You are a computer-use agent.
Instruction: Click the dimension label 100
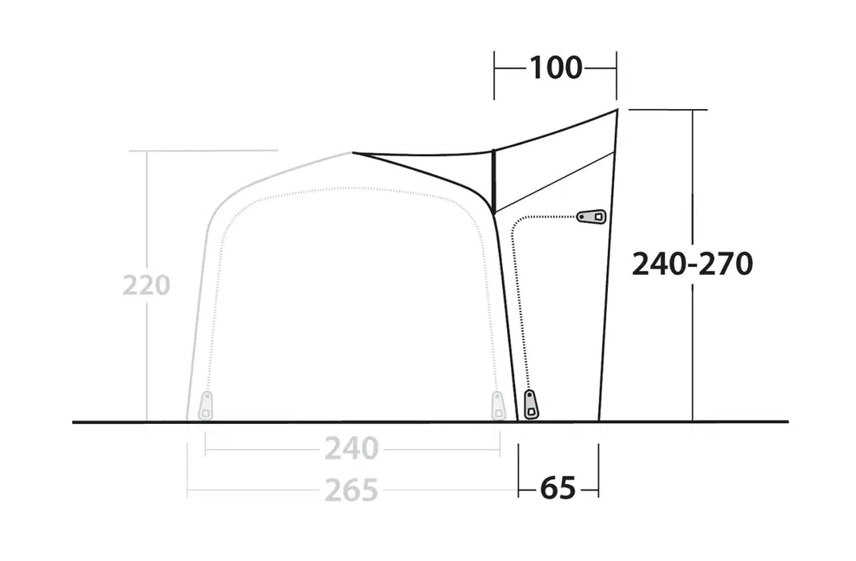[556, 68]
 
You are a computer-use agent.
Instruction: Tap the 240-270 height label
[692, 264]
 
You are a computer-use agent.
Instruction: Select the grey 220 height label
[147, 285]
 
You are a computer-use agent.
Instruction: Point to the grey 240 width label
[351, 450]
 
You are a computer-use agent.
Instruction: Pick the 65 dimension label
[558, 488]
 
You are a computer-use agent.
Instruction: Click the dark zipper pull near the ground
[530, 404]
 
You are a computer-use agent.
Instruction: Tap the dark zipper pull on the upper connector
[593, 216]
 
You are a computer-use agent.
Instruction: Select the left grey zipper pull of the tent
[206, 405]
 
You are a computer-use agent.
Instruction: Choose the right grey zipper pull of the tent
[497, 405]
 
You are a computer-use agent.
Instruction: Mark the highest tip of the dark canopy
[617, 110]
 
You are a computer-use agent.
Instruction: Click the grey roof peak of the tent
[350, 152]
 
